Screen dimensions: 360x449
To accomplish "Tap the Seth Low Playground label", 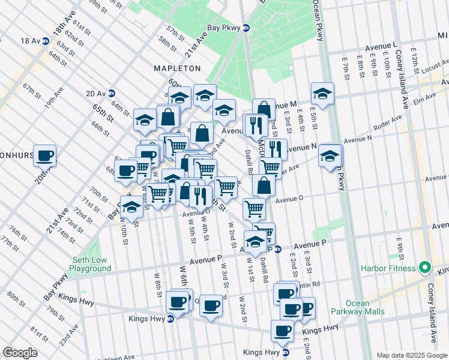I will click(92, 264).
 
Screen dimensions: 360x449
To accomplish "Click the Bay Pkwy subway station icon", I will click(246, 28).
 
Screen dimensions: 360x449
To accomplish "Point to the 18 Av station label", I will click(29, 41).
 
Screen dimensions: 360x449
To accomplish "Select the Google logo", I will click(20, 352).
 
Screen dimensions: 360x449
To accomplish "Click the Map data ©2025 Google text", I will click(411, 355).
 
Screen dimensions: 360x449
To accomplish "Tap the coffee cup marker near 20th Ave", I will click(44, 156).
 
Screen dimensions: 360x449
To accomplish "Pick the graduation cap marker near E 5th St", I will click(322, 94).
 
